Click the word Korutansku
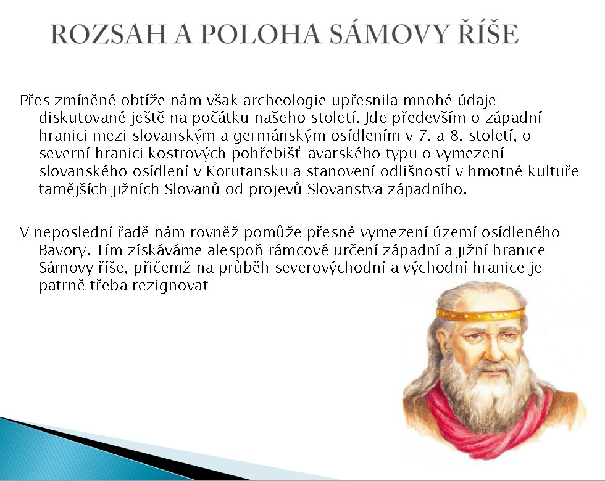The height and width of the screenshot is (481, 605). coord(247,171)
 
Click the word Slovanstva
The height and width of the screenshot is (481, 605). coord(345,189)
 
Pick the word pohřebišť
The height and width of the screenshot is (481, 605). coord(265,154)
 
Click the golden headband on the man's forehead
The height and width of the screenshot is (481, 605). coord(481,313)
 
